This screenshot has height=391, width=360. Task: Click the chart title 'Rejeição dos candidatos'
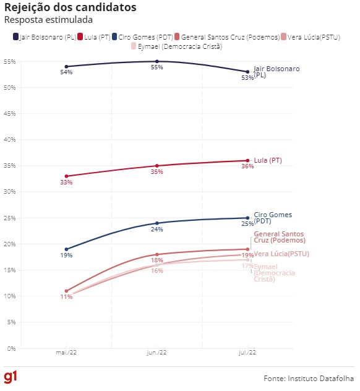click(71, 7)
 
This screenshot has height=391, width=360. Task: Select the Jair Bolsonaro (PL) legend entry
click(45, 37)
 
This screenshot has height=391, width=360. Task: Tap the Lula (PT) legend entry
click(94, 37)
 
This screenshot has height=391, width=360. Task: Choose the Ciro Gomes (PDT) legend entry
click(144, 37)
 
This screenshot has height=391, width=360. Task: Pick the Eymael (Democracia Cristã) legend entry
click(176, 46)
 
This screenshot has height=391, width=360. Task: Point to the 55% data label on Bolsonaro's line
click(156, 67)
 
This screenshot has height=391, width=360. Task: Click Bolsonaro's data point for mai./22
click(66, 66)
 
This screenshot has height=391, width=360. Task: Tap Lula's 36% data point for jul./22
click(247, 161)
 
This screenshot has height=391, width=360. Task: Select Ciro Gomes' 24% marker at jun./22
click(157, 223)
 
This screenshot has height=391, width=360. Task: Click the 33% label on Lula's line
click(66, 183)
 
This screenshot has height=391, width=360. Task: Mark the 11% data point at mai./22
click(66, 291)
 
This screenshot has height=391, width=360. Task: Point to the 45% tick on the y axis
click(9, 114)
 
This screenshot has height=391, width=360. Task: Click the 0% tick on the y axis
click(11, 348)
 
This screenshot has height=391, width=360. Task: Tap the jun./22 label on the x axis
click(157, 353)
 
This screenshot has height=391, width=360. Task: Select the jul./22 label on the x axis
click(247, 353)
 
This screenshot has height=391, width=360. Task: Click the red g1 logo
click(11, 377)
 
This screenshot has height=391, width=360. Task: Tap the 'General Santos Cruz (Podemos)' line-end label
click(279, 237)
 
